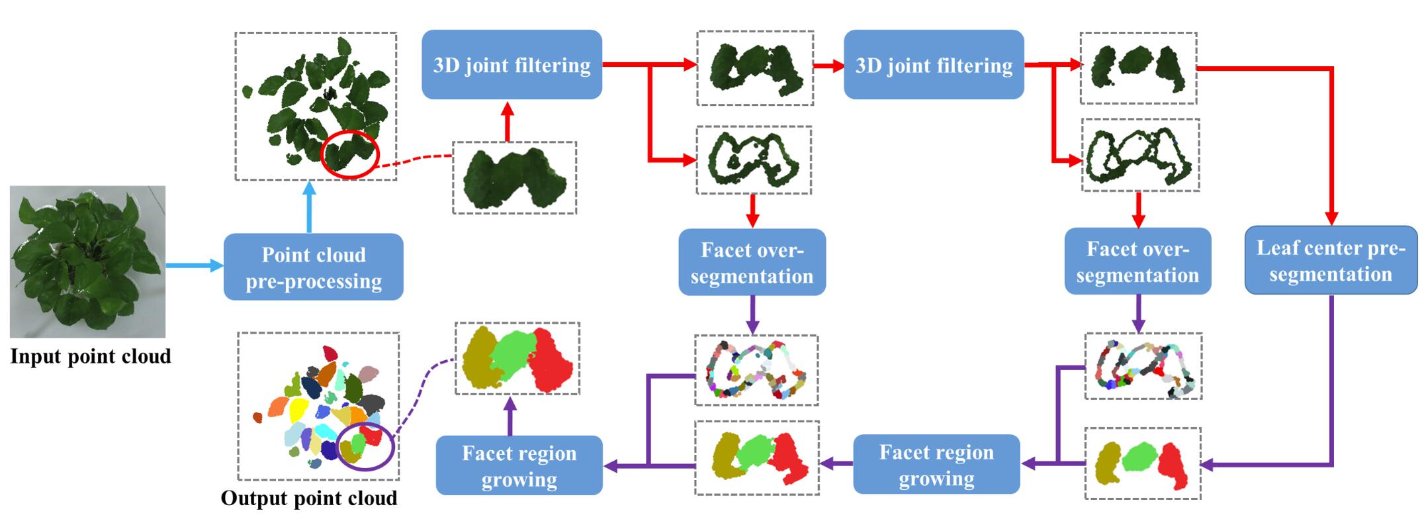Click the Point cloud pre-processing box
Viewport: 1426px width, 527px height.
[x=313, y=267]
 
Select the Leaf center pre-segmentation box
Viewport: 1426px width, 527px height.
[x=1331, y=261]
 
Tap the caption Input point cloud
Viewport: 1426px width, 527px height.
[x=91, y=356]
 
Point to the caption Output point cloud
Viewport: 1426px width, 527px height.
[x=309, y=498]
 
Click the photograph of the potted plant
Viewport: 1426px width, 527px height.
[x=87, y=262]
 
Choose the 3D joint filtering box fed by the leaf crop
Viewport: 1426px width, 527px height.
[x=512, y=65]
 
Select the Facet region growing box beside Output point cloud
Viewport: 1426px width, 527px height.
[x=519, y=465]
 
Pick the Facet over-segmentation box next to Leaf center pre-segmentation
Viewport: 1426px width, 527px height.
[x=1137, y=262]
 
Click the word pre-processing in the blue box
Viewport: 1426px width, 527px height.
[x=314, y=281]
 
